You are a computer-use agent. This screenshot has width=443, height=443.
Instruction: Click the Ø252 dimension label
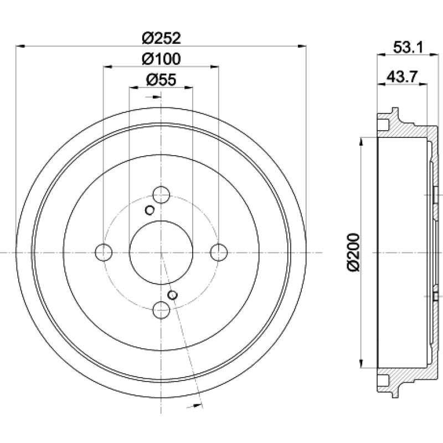coord(161,38)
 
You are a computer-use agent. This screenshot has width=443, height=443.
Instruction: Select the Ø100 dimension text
coord(161,59)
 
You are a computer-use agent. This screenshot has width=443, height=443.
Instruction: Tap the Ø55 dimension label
coord(161,80)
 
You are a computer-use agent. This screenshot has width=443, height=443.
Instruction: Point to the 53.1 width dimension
coord(408,47)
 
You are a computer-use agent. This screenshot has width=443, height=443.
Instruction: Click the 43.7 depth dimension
coord(402,76)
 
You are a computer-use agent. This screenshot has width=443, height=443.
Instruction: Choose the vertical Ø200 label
coord(353,253)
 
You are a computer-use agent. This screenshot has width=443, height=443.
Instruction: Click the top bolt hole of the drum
coord(161,195)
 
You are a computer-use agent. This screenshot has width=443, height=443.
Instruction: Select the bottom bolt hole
coord(161,310)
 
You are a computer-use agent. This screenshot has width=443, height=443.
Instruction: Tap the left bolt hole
coord(104,253)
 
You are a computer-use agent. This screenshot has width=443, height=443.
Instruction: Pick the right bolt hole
coord(219,253)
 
